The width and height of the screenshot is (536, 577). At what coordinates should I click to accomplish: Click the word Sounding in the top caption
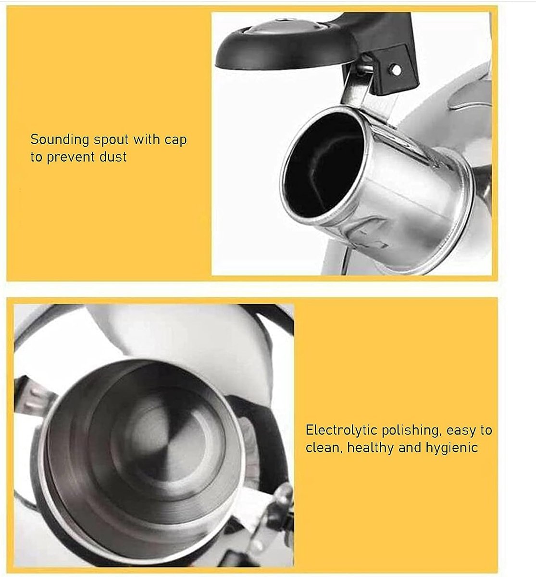(x=60, y=140)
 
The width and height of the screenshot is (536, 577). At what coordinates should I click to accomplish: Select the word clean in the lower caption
(x=322, y=448)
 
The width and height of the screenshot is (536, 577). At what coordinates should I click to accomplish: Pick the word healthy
(x=370, y=448)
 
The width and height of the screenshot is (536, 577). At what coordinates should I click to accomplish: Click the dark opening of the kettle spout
(x=323, y=165)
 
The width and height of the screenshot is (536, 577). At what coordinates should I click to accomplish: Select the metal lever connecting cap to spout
(x=353, y=87)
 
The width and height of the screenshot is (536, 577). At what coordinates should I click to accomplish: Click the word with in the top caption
(x=147, y=140)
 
